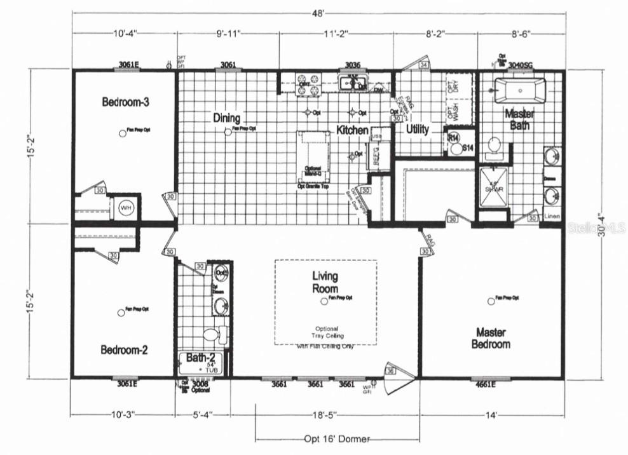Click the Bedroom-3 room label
pyautogui.click(x=125, y=102)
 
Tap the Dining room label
pyautogui.click(x=226, y=118)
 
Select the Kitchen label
pyautogui.click(x=352, y=130)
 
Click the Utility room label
pyautogui.click(x=418, y=130)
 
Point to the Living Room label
pyautogui.click(x=325, y=282)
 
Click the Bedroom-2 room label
pyautogui.click(x=124, y=350)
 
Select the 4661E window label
pyautogui.click(x=485, y=384)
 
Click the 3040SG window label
pyautogui.click(x=521, y=64)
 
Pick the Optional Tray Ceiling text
pyautogui.click(x=326, y=332)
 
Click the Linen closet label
pyautogui.click(x=552, y=217)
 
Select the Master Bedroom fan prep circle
pyautogui.click(x=490, y=301)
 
